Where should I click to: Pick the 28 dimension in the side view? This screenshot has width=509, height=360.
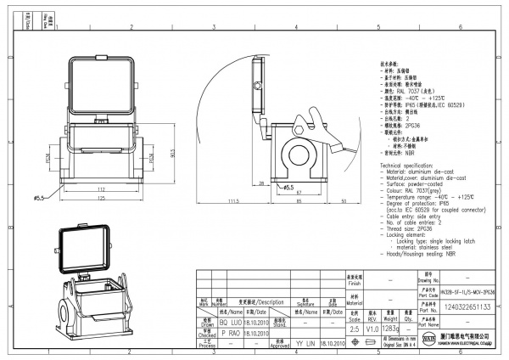coord(262,183)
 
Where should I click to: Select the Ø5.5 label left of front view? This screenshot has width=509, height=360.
coord(39,198)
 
